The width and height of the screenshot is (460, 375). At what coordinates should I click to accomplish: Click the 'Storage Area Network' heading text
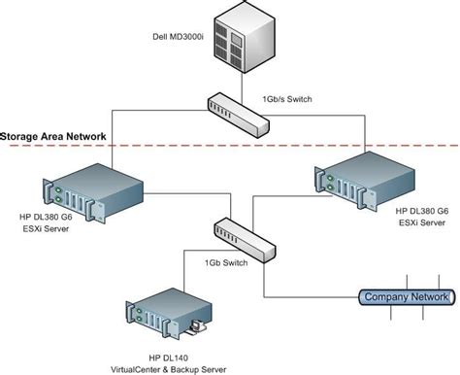click(x=52, y=137)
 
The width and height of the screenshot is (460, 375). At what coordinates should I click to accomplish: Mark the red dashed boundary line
click(x=291, y=145)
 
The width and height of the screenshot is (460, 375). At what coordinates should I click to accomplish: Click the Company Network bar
click(x=404, y=296)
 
